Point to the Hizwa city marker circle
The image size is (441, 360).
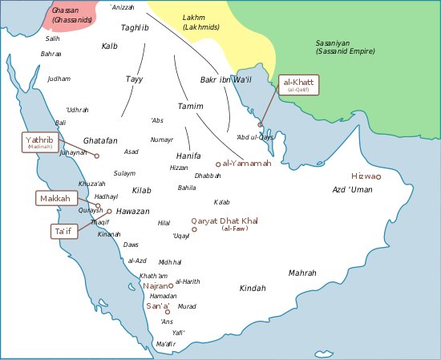[x=379, y=176]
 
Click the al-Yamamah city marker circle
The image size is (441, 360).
[x=218, y=164]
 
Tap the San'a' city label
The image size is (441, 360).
[x=156, y=305]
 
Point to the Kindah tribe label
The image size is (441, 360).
[x=253, y=287]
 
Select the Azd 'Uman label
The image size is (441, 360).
[x=353, y=189]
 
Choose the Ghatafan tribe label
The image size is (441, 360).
[x=100, y=140]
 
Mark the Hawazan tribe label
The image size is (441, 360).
[x=133, y=211]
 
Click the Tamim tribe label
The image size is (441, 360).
[x=190, y=107]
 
